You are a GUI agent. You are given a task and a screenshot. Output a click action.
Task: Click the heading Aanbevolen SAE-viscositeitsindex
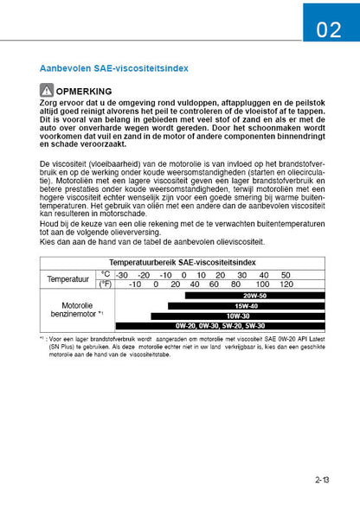[115, 67]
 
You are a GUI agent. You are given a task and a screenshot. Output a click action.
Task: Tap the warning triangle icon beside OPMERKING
[47, 89]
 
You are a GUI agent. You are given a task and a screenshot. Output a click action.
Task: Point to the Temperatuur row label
[67, 279]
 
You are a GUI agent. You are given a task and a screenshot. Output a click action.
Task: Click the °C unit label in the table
[106, 274]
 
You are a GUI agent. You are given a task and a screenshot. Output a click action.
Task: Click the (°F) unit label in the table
[106, 284]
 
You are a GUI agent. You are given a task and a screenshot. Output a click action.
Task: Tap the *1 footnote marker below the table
[42, 339]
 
